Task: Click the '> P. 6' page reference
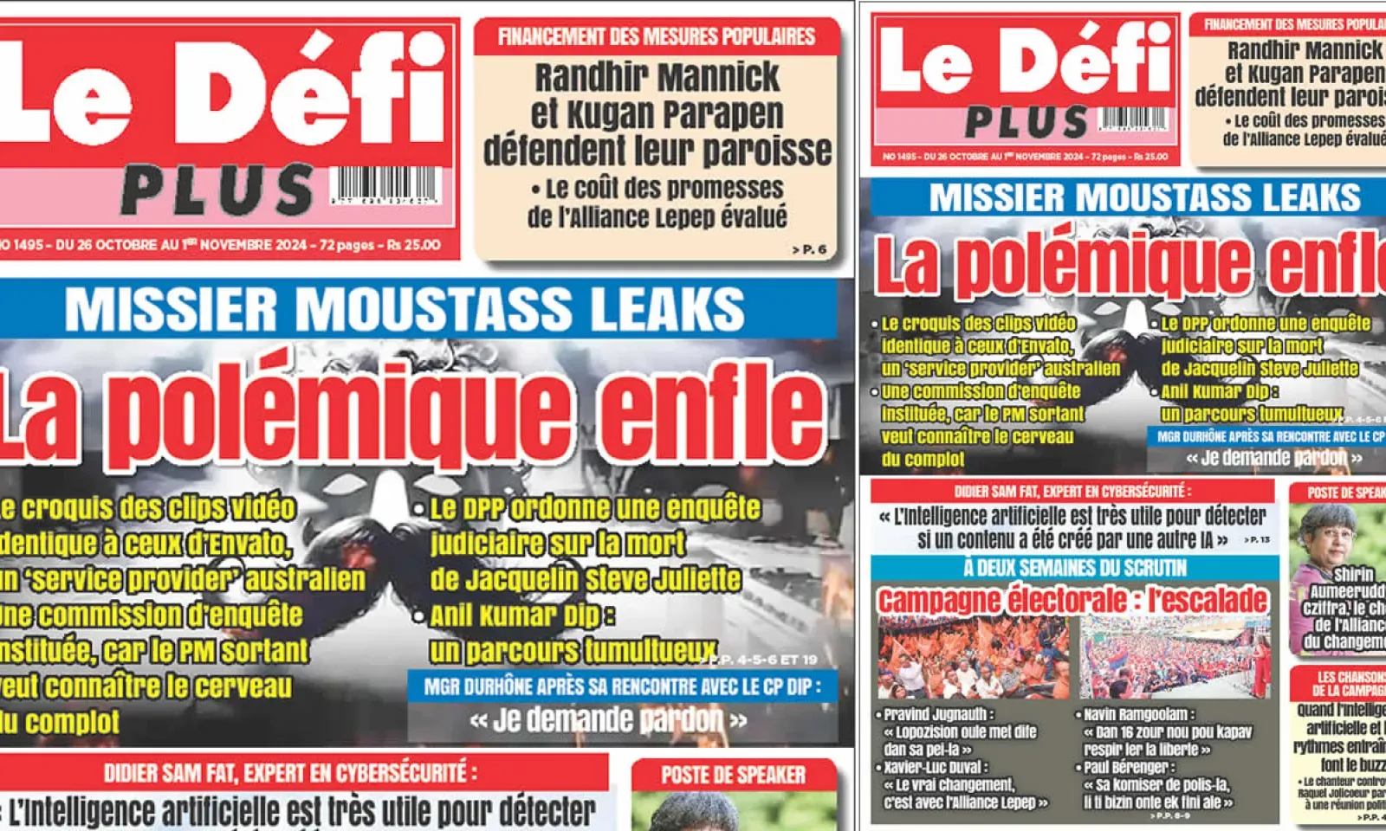tap(809, 249)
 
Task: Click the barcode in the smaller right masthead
tap(1133, 119)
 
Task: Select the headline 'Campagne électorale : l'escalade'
tap(1072, 601)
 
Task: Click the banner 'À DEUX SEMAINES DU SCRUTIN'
tap(1074, 568)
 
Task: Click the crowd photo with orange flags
tap(973, 658)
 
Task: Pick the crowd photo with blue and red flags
tap(1175, 658)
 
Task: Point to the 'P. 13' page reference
tap(1257, 540)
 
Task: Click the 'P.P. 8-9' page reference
tap(1173, 815)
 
